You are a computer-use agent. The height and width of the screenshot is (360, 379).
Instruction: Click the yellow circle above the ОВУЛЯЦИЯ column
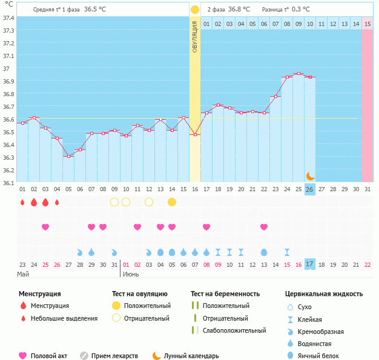(195, 10)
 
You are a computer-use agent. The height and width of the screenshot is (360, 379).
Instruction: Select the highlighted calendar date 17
(309, 264)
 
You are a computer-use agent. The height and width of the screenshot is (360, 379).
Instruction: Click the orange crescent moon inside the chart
(310, 175)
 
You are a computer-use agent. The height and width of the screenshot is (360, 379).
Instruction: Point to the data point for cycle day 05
(68, 157)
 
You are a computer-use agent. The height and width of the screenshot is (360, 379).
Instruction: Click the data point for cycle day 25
(298, 74)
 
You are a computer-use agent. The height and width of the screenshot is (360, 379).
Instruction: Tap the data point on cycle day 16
(195, 134)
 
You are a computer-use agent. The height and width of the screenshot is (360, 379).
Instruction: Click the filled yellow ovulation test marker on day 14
(172, 201)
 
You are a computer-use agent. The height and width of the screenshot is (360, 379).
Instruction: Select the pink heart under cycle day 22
(264, 227)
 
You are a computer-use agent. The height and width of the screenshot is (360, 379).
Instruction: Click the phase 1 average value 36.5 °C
(94, 10)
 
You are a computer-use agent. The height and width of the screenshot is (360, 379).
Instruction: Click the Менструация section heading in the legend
(40, 293)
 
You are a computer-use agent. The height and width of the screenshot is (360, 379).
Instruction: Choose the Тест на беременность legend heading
(225, 293)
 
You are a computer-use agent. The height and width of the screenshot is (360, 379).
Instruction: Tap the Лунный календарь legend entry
(189, 356)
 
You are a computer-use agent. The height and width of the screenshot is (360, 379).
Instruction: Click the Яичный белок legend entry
(322, 356)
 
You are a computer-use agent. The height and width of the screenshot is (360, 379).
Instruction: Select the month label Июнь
(131, 273)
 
